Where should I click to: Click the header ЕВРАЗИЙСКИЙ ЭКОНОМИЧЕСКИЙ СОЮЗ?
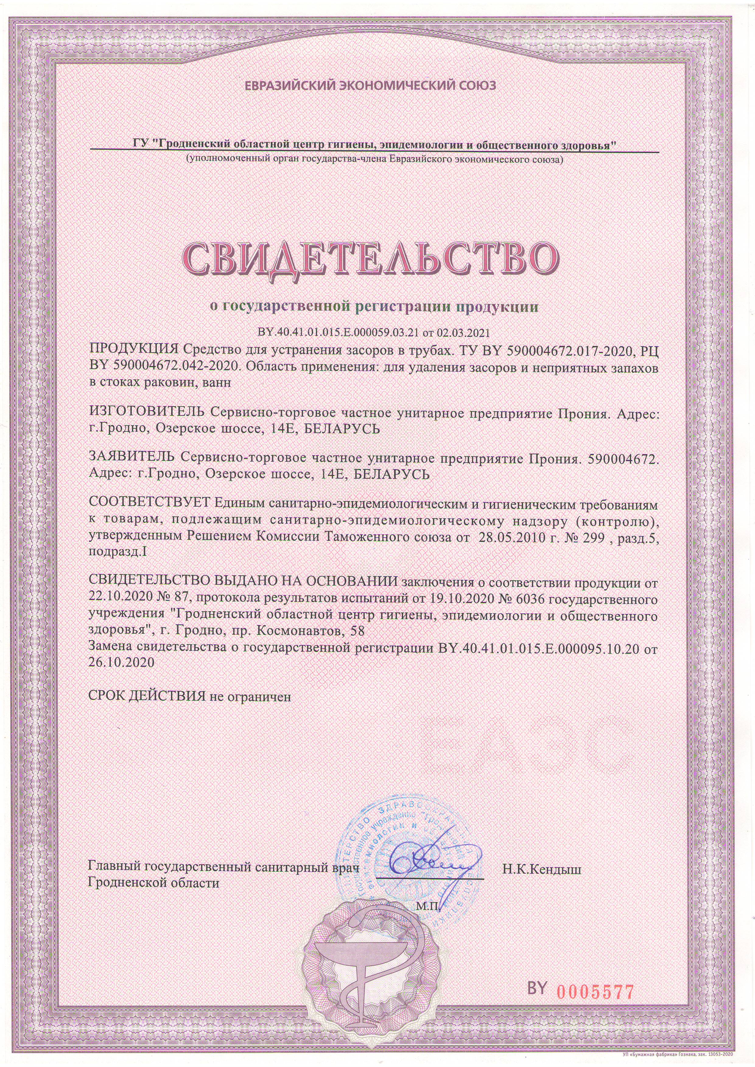tap(370, 85)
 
